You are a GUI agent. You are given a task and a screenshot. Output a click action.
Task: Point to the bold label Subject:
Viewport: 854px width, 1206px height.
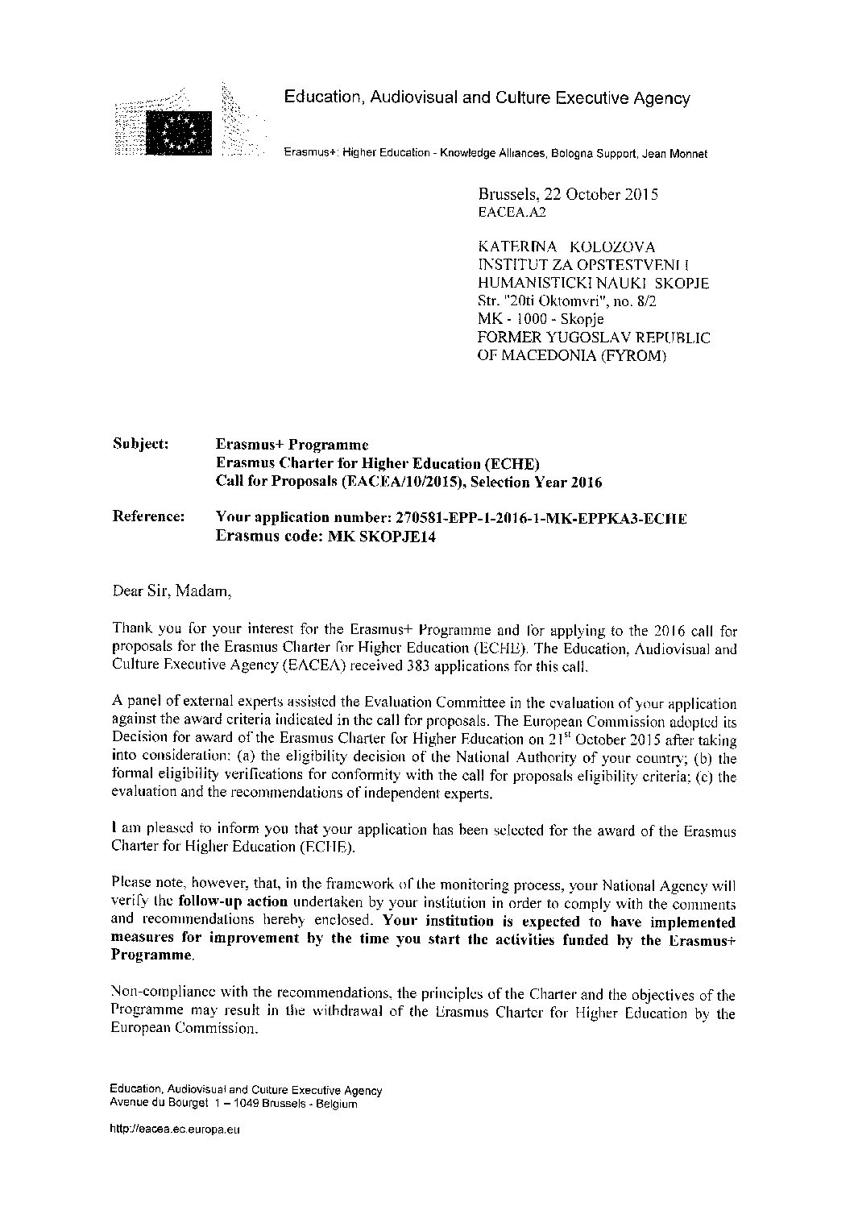[141, 444]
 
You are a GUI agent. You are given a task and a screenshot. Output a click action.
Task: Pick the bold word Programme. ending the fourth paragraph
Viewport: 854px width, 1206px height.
[151, 955]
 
